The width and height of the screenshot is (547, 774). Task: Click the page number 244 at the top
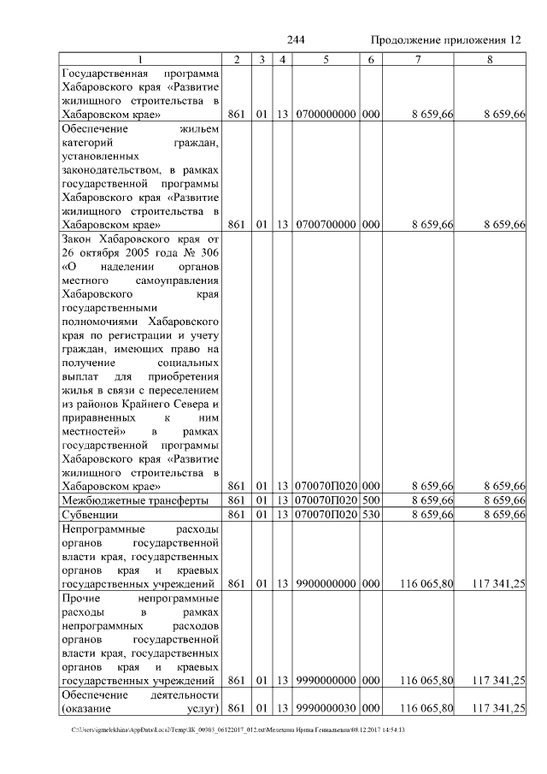coord(296,40)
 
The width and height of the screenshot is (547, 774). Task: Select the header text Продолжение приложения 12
coord(444,40)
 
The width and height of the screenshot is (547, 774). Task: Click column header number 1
coord(141,59)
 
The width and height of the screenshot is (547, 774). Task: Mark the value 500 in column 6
coord(370,500)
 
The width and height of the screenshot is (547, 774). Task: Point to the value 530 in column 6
coord(370,515)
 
